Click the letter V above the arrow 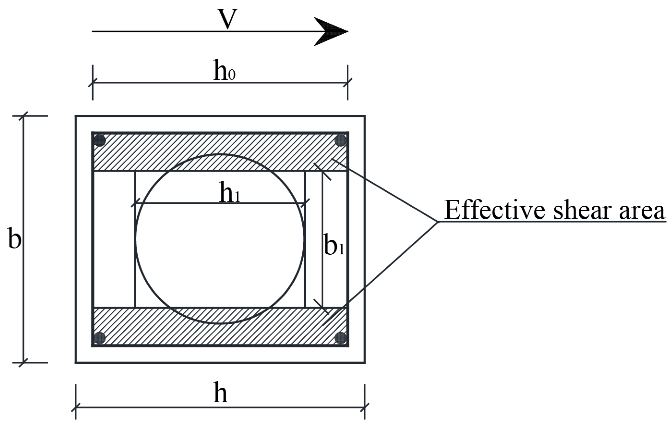tap(228, 19)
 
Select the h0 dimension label tap(224, 71)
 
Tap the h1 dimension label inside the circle tap(229, 193)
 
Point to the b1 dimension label tap(334, 245)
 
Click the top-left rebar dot tap(99, 141)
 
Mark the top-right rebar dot tap(340, 141)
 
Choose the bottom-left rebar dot tap(99, 338)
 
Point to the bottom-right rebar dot tap(340, 338)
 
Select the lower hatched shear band tap(139, 327)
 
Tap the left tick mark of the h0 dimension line tap(93, 83)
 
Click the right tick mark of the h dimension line tap(365, 407)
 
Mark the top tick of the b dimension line tap(24, 116)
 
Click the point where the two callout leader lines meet tap(438, 222)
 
